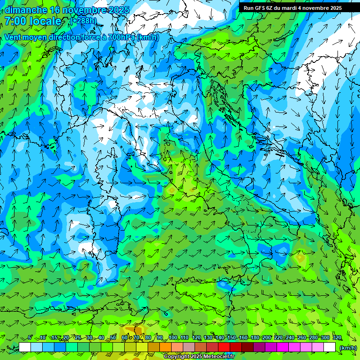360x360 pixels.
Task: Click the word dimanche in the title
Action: click(x=26, y=10)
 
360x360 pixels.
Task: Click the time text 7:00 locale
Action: click(x=33, y=21)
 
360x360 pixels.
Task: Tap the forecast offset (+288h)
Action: click(x=83, y=21)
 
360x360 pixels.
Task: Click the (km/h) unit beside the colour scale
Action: click(x=347, y=348)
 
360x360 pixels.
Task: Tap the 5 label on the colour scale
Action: click(x=30, y=338)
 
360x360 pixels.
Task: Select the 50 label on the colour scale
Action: click(x=113, y=338)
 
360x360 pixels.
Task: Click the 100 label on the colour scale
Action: click(x=172, y=338)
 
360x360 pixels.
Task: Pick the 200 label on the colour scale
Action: click(x=266, y=338)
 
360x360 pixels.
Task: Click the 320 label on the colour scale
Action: click(x=337, y=338)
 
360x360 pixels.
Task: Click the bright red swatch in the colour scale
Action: click(x=224, y=347)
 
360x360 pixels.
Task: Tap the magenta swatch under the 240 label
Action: click(x=294, y=347)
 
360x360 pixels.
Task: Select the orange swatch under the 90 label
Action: click(x=165, y=347)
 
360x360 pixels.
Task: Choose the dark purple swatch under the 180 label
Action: click(x=259, y=347)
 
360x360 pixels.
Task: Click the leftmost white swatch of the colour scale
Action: click(x=25, y=347)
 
